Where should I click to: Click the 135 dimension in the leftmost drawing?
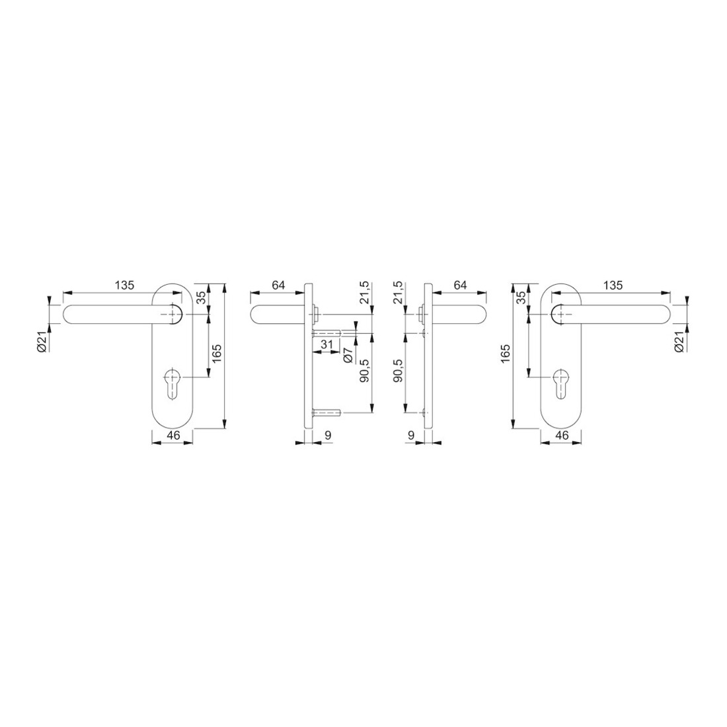[124, 285]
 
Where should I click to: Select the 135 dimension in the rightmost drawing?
[613, 285]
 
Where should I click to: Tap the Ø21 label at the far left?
[41, 342]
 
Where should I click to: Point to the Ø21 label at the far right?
[680, 342]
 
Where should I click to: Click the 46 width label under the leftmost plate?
[173, 436]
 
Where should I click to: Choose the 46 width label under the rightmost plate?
[562, 436]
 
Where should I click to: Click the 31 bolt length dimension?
[327, 344]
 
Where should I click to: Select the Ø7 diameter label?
[349, 355]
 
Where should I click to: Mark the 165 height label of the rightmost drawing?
[506, 354]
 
